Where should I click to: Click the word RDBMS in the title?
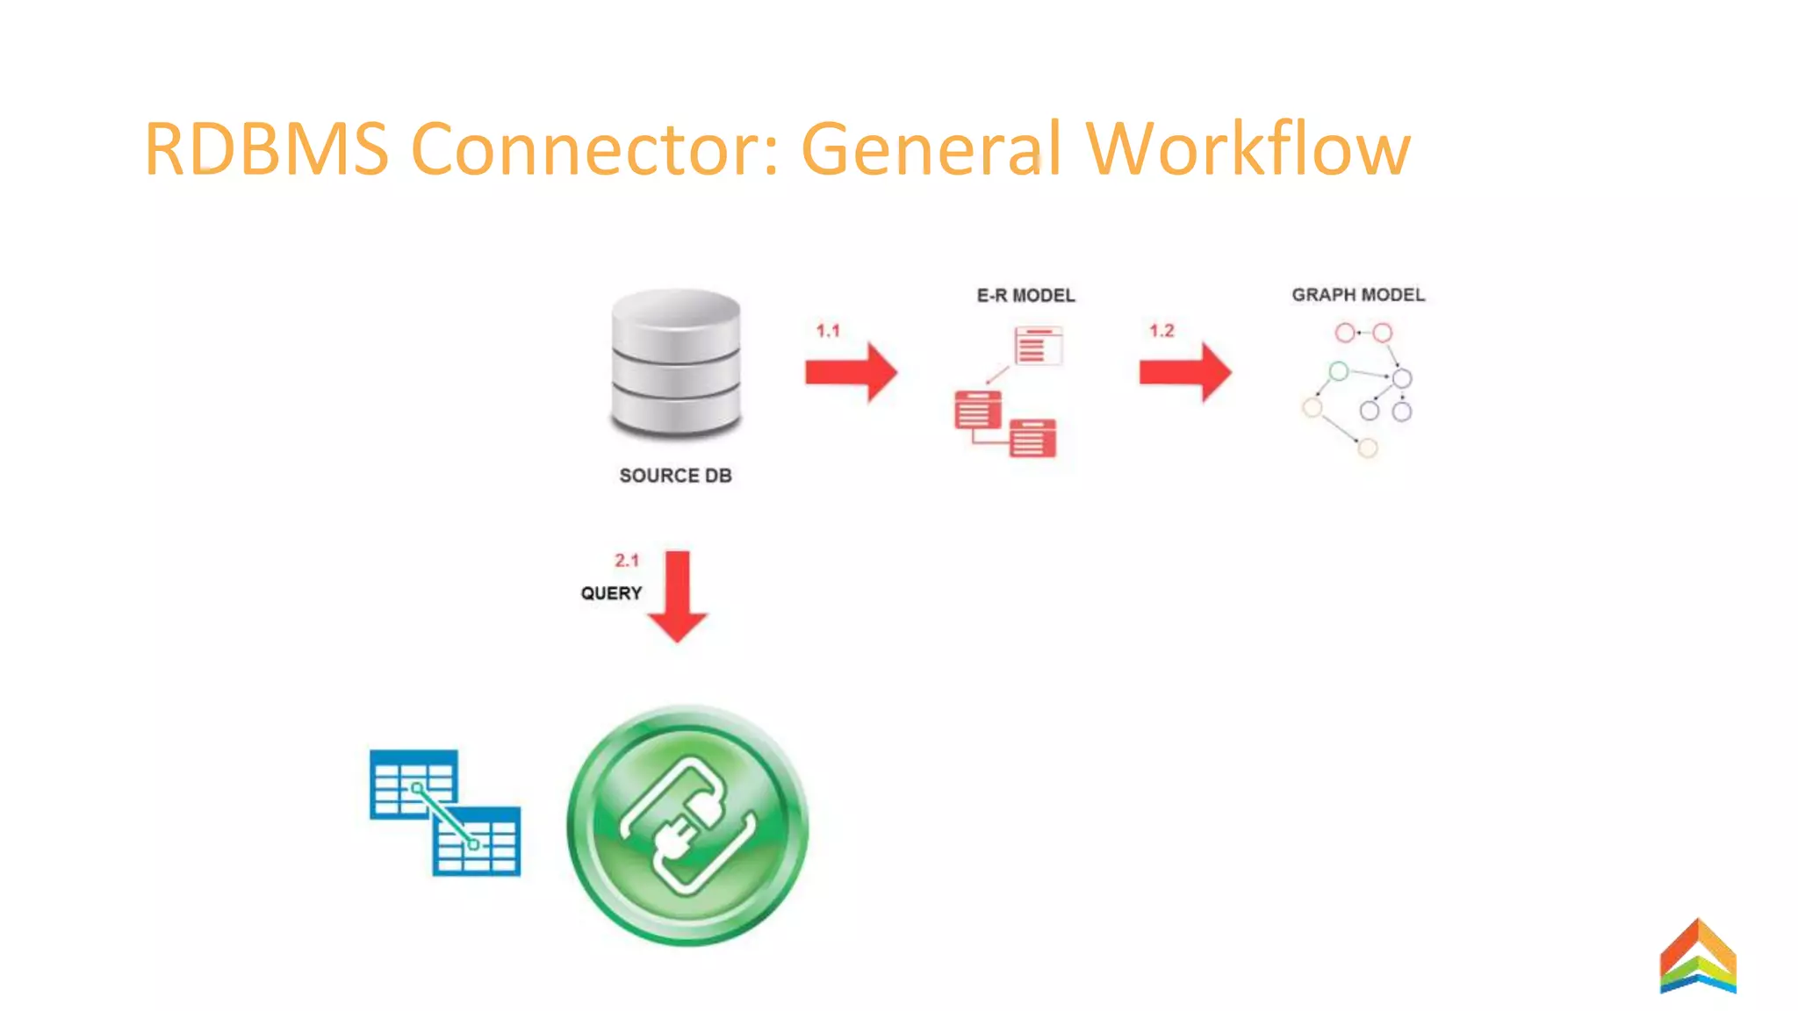click(x=266, y=149)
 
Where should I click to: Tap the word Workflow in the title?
click(x=1248, y=149)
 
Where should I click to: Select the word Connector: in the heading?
click(x=594, y=149)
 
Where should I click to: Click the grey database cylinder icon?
click(x=676, y=363)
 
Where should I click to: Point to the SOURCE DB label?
click(x=675, y=476)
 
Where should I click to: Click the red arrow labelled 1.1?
click(x=851, y=372)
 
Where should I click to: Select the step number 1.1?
click(x=828, y=331)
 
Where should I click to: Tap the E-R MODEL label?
click(x=1025, y=296)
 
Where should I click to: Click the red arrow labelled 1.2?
click(x=1185, y=372)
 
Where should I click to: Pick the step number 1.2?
click(x=1162, y=331)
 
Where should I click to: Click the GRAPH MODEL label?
click(x=1357, y=295)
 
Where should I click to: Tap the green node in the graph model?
click(x=1338, y=371)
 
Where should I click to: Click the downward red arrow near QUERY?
click(x=677, y=597)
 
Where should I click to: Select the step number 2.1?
click(x=627, y=560)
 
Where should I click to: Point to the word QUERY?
click(x=611, y=593)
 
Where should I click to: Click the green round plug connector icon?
click(x=687, y=825)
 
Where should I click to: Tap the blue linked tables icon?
click(x=445, y=813)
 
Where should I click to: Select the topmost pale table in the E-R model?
click(x=1038, y=346)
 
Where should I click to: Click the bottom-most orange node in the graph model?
click(x=1367, y=448)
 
